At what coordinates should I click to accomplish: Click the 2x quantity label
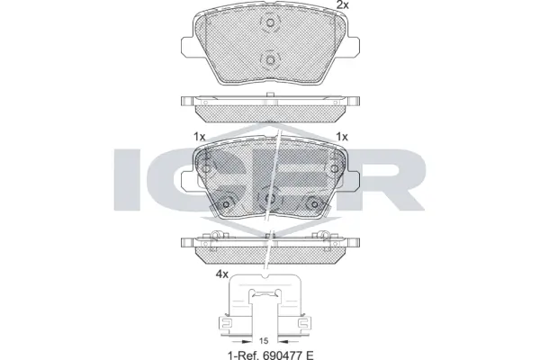pos(342,6)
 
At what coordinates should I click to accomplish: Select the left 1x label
pos(199,136)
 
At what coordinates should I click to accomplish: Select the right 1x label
pos(341,136)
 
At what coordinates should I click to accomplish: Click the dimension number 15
pos(264,340)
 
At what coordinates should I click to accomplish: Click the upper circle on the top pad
pos(269,27)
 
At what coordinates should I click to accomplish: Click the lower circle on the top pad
pos(269,60)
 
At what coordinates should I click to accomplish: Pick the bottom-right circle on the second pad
pos(310,201)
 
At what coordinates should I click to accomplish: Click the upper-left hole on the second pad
pos(206,168)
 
